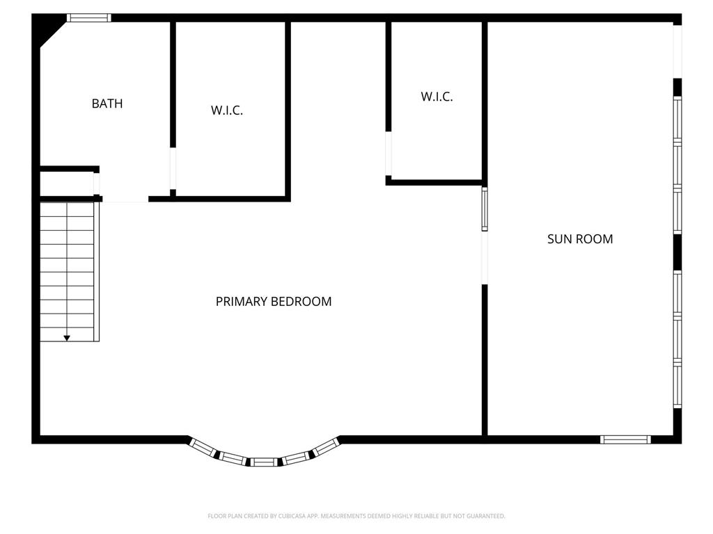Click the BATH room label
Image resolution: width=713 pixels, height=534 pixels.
tap(107, 104)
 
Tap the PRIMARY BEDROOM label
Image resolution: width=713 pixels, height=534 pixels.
tap(273, 302)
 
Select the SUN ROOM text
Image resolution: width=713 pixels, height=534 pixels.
tap(580, 239)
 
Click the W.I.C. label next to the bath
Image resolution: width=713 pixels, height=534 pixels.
tap(227, 111)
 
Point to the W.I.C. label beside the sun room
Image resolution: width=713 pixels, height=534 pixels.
tap(437, 97)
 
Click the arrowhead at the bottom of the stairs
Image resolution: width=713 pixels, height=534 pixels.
tap(67, 338)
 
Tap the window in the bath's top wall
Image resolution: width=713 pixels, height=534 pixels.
tap(88, 17)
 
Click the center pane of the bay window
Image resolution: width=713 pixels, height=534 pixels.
tap(264, 462)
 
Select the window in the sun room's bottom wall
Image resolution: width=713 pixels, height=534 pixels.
tap(625, 439)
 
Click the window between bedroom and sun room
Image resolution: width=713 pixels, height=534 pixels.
tap(485, 209)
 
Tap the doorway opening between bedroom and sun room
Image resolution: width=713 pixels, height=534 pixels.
tap(485, 258)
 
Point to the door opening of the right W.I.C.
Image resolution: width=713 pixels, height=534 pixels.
tap(389, 154)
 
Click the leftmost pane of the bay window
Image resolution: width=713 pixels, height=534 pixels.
tap(203, 447)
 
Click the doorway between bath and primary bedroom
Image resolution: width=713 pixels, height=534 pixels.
tap(125, 199)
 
